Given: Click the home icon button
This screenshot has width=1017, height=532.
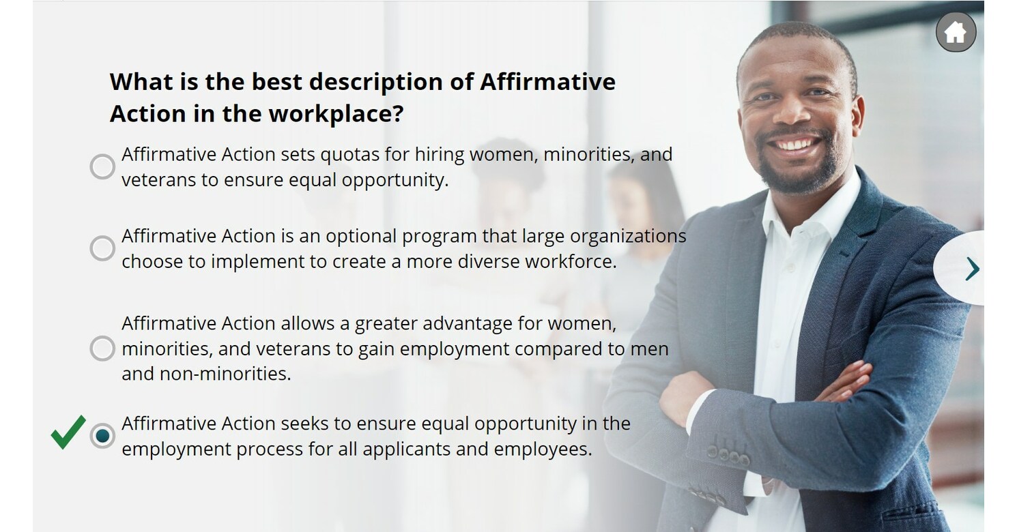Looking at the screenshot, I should [956, 32].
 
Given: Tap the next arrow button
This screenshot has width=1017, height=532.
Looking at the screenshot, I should [971, 269].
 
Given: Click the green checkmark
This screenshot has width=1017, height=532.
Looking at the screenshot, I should [68, 432].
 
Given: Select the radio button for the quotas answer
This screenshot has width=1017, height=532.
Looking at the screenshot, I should [102, 166].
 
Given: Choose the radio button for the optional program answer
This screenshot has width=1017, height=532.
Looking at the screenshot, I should [102, 248].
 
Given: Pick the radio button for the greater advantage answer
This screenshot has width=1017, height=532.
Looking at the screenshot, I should [102, 349].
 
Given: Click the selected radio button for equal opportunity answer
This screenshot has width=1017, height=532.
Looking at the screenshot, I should [102, 436].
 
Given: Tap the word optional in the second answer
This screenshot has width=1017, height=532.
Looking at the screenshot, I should [360, 236].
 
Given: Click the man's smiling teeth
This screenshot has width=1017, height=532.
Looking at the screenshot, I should [796, 145].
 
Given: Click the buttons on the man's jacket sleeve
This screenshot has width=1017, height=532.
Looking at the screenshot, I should [728, 455].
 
